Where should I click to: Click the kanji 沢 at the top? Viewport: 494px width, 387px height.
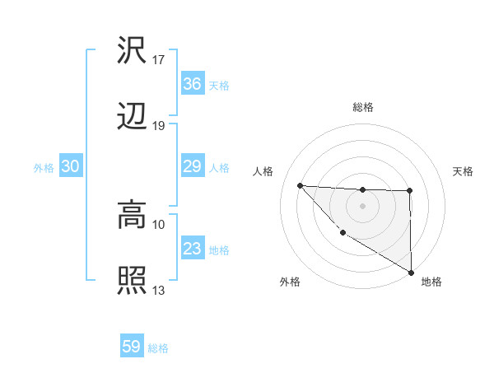(x=132, y=51)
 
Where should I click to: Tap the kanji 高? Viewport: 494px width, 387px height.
(x=132, y=216)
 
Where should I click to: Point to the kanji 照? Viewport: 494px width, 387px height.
(x=132, y=281)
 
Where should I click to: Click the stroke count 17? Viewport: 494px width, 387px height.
(x=159, y=60)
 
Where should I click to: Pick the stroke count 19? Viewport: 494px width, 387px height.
(x=159, y=125)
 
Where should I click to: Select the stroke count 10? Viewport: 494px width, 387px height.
(x=159, y=224)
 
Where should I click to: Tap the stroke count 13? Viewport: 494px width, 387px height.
(x=159, y=290)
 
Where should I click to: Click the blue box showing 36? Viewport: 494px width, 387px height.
(x=192, y=84)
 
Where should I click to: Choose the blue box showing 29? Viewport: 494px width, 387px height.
(x=192, y=166)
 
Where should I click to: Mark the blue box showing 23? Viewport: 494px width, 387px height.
(x=192, y=249)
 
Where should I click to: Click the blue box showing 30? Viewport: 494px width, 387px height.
(x=71, y=166)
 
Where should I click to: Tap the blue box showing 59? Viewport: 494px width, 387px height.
(x=132, y=347)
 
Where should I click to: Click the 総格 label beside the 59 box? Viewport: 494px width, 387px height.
(x=159, y=348)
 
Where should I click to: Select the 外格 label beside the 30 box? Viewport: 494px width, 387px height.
(x=44, y=168)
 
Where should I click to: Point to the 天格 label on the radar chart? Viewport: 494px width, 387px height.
(x=463, y=171)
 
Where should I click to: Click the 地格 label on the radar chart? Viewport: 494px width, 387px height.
(x=431, y=282)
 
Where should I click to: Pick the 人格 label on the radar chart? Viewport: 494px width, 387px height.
(x=263, y=171)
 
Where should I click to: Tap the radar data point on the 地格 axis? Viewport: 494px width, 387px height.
(x=411, y=273)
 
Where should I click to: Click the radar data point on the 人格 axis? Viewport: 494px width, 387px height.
(x=300, y=185)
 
